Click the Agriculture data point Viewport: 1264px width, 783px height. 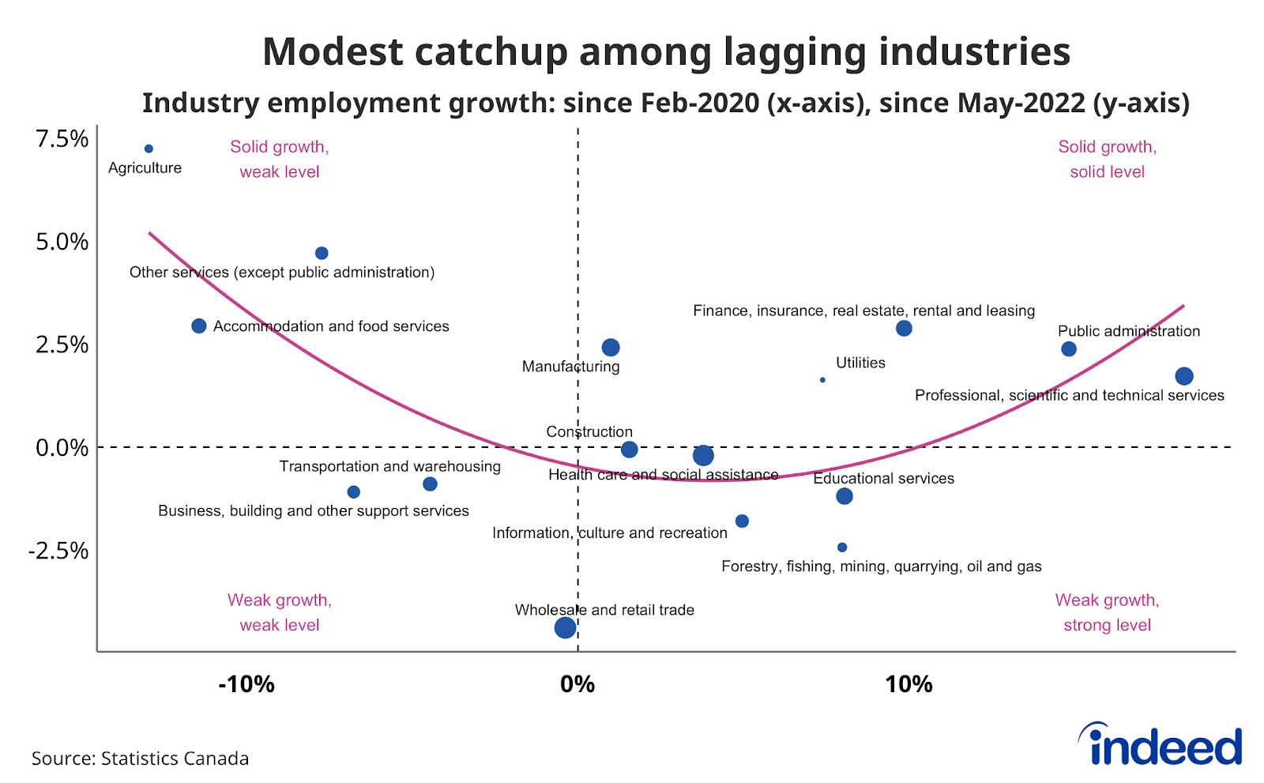coord(149,149)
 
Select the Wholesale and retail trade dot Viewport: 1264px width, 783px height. coord(565,627)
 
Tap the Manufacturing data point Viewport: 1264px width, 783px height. coord(611,348)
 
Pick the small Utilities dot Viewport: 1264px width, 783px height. coord(822,380)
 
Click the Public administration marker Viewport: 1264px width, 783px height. coord(1069,349)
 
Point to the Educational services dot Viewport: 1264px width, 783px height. coord(845,496)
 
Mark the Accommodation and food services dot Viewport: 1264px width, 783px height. coord(199,326)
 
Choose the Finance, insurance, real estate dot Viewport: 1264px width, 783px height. coord(905,329)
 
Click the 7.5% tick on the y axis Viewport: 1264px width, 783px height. coord(62,139)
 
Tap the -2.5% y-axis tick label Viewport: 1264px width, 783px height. coord(58,551)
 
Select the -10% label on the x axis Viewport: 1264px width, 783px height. coord(246,684)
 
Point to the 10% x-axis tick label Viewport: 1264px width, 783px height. coord(908,684)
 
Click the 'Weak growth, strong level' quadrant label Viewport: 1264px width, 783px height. coord(1107,612)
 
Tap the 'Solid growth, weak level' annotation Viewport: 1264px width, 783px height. coord(280,159)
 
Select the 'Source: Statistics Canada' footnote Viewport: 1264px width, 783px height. coord(140,759)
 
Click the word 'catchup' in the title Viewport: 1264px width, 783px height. coord(492,52)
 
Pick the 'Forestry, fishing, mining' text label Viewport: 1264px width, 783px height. coord(881,567)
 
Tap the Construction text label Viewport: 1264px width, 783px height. coord(589,431)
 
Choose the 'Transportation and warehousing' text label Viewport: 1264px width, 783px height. coord(389,466)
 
